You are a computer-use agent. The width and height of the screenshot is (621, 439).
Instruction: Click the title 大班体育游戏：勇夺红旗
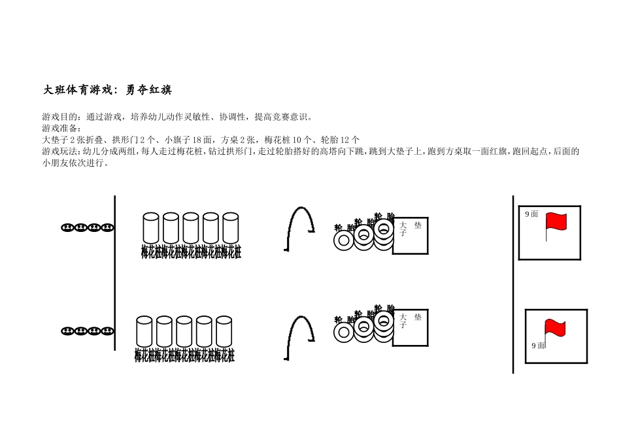tap(107, 90)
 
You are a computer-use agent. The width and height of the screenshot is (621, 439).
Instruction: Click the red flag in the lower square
tap(554, 329)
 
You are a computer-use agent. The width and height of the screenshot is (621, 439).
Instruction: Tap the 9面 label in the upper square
tap(531, 214)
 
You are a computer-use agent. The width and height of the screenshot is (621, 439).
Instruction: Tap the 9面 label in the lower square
tap(538, 346)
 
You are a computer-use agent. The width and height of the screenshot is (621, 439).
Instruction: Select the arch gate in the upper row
tap(301, 228)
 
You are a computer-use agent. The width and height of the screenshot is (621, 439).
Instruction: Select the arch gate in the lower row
tap(301, 337)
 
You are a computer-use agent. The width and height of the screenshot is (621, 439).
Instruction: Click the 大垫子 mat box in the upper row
tap(411, 235)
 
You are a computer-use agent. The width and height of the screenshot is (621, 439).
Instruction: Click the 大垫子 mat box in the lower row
tap(411, 327)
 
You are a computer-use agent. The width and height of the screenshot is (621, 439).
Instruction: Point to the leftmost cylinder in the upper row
tap(151, 228)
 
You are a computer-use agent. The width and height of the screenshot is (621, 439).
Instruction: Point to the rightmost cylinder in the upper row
tap(231, 228)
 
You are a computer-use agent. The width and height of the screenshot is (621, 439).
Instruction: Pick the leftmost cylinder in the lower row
tap(144, 331)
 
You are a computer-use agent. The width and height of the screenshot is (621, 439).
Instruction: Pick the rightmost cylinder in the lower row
tap(224, 331)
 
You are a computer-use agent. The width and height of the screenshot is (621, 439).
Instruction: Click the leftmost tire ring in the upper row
tap(344, 240)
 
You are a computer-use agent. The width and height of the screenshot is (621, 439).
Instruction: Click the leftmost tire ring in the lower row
tap(344, 333)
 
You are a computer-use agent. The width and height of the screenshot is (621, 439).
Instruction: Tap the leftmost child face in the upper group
tap(67, 228)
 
